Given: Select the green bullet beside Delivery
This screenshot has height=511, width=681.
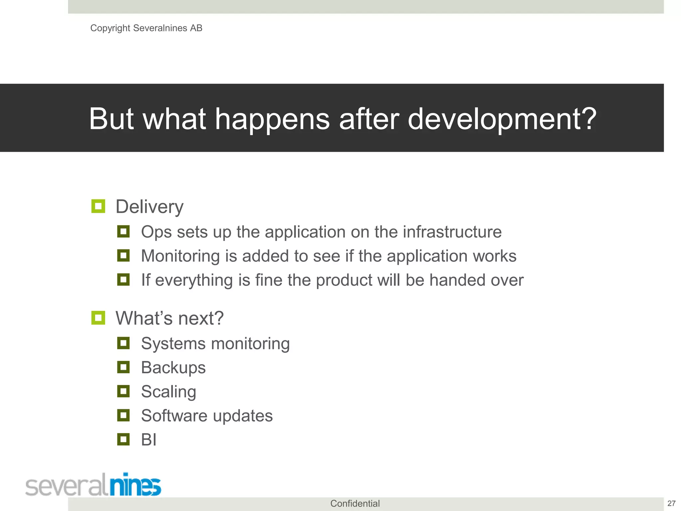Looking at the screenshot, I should tap(98, 206).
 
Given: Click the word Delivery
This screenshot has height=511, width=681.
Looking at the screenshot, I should tap(149, 207).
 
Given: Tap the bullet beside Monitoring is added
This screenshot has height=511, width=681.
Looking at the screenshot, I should tap(123, 255).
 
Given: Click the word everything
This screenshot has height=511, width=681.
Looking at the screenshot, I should tap(194, 280).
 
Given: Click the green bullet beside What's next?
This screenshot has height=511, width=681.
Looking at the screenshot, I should tap(98, 318).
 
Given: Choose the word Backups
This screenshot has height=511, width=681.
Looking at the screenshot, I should tap(173, 368).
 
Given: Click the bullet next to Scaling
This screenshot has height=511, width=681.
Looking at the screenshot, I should tap(123, 391).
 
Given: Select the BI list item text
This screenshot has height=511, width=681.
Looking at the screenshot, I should tap(149, 439).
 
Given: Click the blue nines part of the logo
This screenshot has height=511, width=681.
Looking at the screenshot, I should tap(135, 485).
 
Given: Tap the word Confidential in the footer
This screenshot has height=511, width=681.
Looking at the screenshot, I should tap(355, 503).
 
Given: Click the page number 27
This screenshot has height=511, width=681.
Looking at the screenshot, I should tap(671, 503).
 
